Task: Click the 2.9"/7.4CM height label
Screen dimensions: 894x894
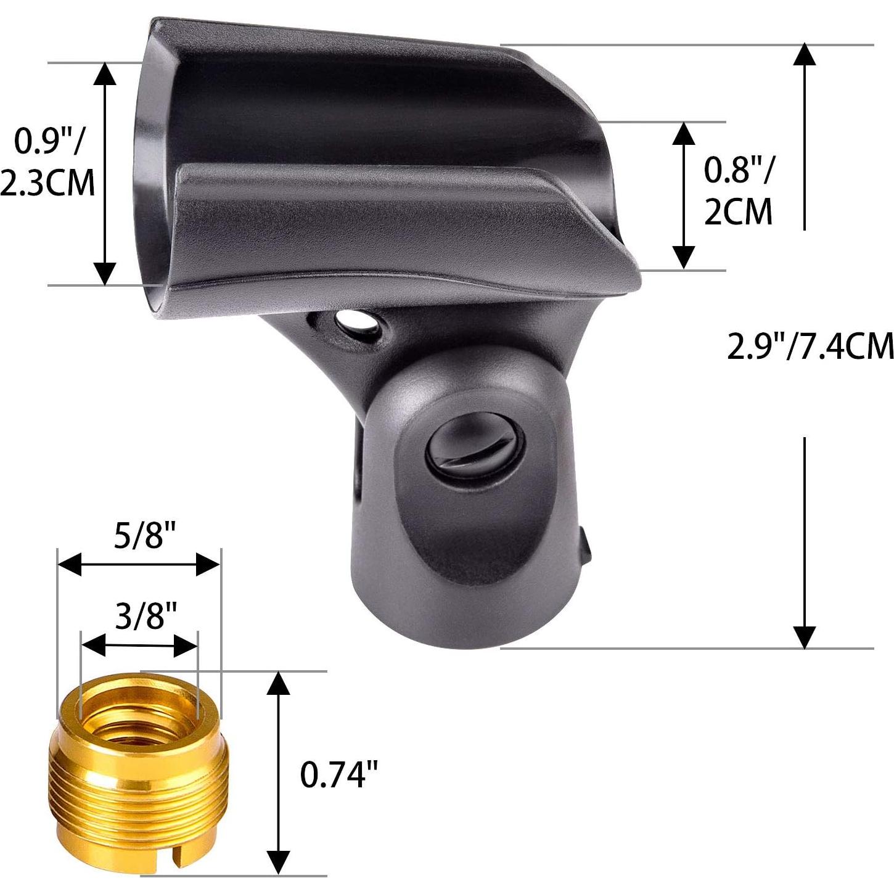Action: pos(810,346)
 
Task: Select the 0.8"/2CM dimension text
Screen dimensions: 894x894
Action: pos(738,191)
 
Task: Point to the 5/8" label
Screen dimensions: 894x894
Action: pos(138,536)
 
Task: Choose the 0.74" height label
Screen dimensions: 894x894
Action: pos(339,774)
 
